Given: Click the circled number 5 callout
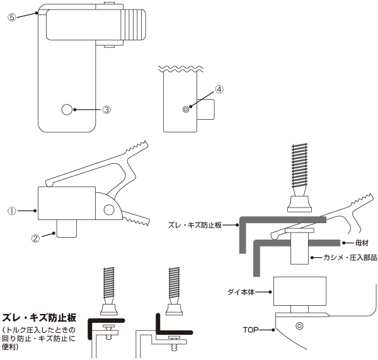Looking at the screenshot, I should [12, 17].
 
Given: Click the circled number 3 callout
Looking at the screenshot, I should [107, 109].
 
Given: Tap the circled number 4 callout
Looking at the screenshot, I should [219, 89].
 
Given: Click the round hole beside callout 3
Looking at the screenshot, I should [67, 109].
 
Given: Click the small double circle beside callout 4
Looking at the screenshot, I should [186, 109].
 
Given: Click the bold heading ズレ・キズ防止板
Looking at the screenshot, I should [39, 317].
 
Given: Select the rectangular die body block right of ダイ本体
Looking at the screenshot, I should [300, 291].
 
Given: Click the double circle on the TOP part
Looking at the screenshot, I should [299, 326].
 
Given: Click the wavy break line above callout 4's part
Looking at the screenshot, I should [180, 67].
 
